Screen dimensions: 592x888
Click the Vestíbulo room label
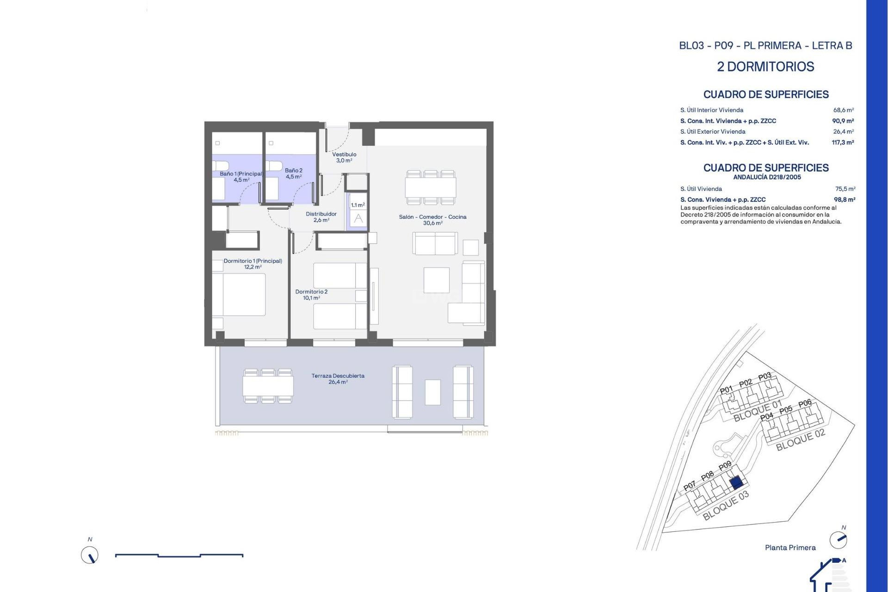click(x=344, y=157)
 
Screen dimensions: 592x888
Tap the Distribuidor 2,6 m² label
click(x=321, y=217)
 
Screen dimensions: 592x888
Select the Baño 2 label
click(x=293, y=173)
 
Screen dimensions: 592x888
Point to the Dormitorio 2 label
click(x=311, y=295)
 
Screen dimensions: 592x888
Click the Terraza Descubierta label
click(x=338, y=379)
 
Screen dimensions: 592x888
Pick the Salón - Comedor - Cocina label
click(x=432, y=220)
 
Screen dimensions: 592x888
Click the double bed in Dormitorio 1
click(x=239, y=295)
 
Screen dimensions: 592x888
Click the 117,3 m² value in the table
click(x=842, y=142)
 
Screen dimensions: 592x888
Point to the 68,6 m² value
click(x=843, y=110)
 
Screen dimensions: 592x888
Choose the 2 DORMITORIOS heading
click(x=765, y=67)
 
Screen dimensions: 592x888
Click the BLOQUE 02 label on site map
click(x=800, y=440)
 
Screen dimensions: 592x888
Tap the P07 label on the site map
click(x=689, y=486)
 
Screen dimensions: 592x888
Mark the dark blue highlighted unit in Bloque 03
click(x=736, y=483)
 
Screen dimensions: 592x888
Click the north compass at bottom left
click(x=90, y=555)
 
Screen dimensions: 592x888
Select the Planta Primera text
click(x=790, y=548)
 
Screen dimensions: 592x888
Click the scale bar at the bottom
click(x=179, y=555)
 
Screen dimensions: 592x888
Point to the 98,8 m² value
click(x=844, y=200)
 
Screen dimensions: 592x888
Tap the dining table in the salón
click(x=431, y=187)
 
